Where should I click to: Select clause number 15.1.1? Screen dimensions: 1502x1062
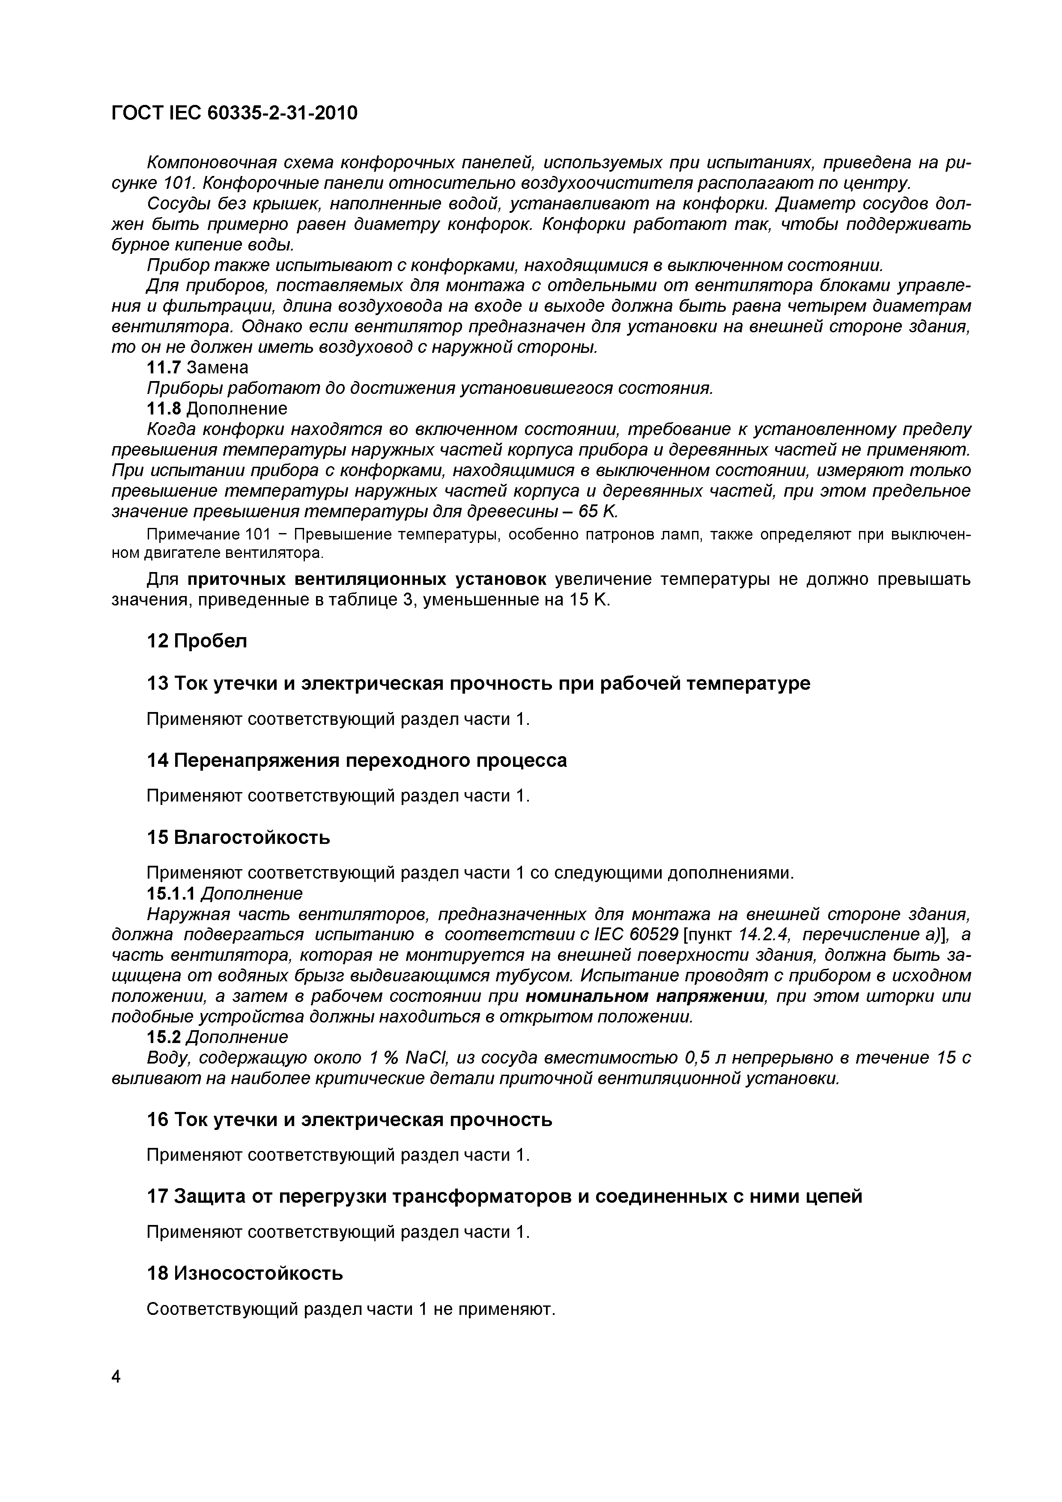[171, 894]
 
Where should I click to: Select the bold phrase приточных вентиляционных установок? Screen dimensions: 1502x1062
[367, 580]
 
